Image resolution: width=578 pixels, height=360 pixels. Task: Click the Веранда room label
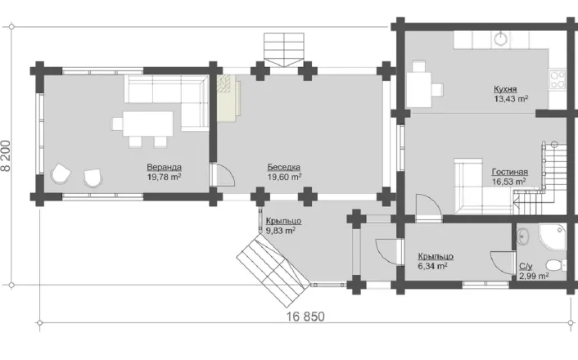click(164, 167)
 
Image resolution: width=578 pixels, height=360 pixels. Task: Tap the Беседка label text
click(284, 167)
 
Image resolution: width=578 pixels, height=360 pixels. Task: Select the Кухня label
click(505, 89)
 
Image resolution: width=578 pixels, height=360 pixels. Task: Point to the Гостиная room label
click(510, 172)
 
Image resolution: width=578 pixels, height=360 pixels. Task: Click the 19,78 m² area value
click(164, 177)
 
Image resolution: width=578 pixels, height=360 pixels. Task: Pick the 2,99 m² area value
click(534, 276)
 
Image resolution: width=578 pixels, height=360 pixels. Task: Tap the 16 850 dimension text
click(305, 317)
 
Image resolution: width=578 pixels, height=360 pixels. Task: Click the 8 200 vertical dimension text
click(6, 155)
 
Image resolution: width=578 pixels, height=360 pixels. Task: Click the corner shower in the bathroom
click(552, 236)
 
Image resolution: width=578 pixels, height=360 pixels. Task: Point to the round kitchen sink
click(500, 38)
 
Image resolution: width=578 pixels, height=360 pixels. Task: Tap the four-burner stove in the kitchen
click(558, 79)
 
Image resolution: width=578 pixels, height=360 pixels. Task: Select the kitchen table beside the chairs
click(418, 89)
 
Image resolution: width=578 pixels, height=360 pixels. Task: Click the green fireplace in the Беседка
click(228, 97)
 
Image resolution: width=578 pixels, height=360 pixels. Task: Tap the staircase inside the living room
click(541, 178)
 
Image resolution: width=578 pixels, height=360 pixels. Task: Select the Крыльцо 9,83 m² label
click(283, 226)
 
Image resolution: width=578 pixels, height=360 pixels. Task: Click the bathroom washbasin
click(522, 236)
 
